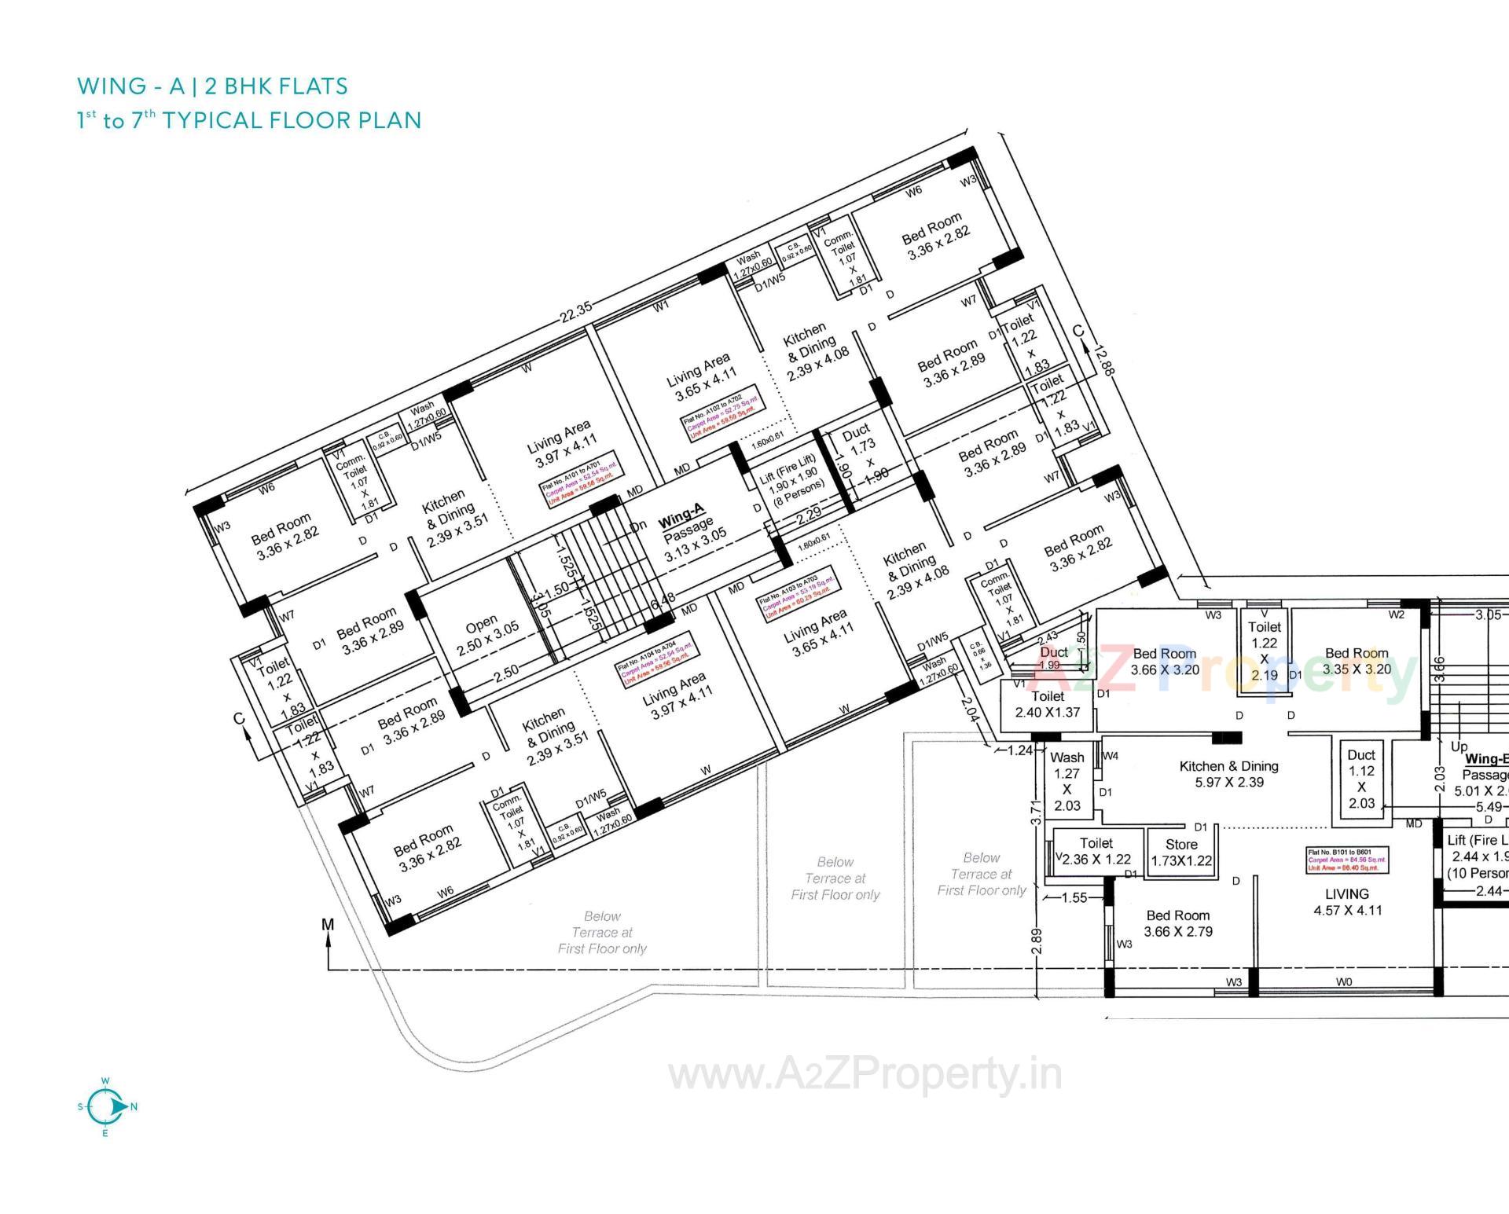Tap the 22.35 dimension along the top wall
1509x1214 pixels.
click(x=576, y=311)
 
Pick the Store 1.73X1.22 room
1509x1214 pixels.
click(x=1181, y=853)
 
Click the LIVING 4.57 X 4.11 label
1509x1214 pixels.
click(x=1347, y=902)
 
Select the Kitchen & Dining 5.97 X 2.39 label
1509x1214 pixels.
click(x=1228, y=774)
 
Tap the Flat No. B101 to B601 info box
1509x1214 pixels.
click(x=1347, y=860)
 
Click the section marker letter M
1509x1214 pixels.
click(x=328, y=924)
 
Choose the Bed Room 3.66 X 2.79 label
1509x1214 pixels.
click(x=1177, y=923)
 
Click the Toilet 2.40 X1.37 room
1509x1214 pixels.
click(x=1048, y=704)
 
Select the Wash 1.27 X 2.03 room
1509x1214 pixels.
click(x=1067, y=781)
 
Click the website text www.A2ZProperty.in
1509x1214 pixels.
click(x=865, y=1075)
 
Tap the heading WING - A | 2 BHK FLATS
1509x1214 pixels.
click(x=212, y=86)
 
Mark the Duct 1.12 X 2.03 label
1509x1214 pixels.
click(x=1361, y=779)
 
